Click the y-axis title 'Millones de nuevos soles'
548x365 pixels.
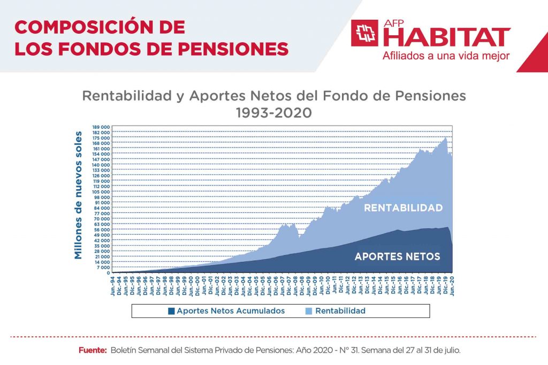[79, 195]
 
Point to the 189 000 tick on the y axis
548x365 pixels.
[102, 127]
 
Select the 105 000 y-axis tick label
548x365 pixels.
[102, 192]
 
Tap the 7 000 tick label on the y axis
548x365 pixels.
[103, 267]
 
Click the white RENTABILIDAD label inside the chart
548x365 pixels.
[403, 208]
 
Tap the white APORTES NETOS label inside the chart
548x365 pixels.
[397, 257]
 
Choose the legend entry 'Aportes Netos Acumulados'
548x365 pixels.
[231, 310]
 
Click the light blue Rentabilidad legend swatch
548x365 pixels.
[309, 310]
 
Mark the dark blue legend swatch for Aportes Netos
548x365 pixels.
[171, 310]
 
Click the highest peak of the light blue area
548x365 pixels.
[445, 138]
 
